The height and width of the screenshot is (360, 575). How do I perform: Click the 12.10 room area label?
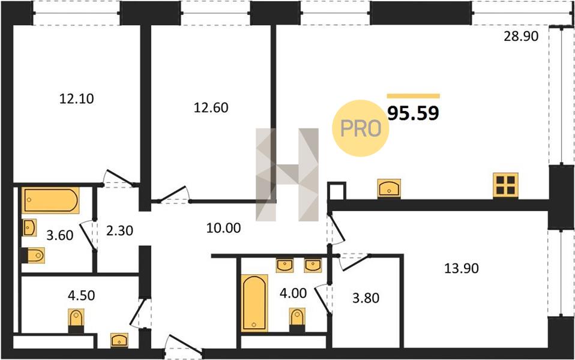[x=77, y=98]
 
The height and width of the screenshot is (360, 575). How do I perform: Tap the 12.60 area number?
[x=211, y=107]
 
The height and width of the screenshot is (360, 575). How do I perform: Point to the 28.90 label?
[x=521, y=36]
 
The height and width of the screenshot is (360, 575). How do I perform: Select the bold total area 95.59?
[x=414, y=113]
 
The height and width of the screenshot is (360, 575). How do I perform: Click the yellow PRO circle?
[x=361, y=128]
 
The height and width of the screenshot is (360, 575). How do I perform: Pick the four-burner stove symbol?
[x=505, y=185]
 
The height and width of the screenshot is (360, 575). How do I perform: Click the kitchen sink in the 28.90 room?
[x=389, y=188]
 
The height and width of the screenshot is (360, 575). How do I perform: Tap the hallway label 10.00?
[x=223, y=228]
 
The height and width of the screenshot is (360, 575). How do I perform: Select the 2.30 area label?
[x=119, y=230]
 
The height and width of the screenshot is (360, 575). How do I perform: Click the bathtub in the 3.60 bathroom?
[x=50, y=200]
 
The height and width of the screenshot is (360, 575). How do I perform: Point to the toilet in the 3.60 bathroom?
[x=33, y=255]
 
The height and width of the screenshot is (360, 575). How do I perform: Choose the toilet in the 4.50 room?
[x=76, y=320]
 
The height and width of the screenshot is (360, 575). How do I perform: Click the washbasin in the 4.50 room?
[x=119, y=340]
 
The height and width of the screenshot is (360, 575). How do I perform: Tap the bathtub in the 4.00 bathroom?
[x=254, y=303]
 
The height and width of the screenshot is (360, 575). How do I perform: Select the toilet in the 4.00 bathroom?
[x=297, y=320]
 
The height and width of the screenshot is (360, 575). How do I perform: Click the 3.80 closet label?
[x=366, y=298]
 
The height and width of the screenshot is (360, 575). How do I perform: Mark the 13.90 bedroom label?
[x=462, y=268]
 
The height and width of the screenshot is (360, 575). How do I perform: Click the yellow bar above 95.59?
[x=414, y=96]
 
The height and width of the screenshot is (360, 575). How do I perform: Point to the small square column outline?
[x=336, y=191]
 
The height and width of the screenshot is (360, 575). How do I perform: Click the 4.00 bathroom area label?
[x=293, y=293]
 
